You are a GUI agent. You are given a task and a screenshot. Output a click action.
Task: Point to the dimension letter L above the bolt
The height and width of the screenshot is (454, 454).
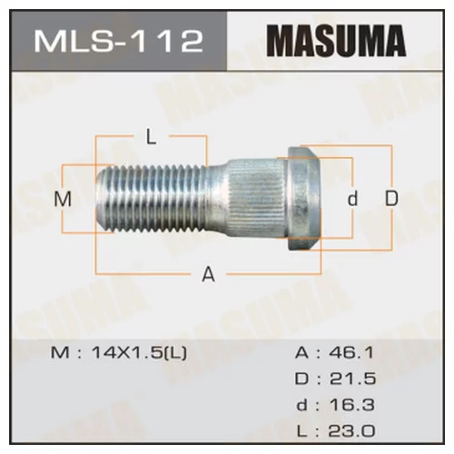(x=152, y=138)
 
